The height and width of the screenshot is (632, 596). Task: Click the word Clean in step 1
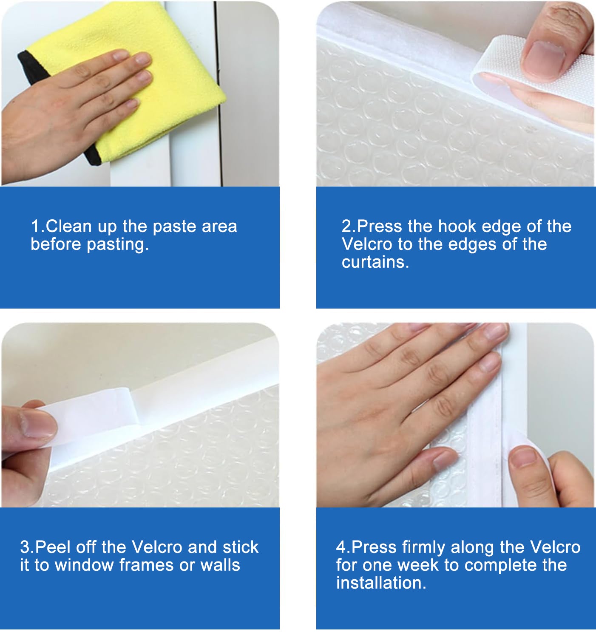68,226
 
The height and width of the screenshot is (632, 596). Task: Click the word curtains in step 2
375,262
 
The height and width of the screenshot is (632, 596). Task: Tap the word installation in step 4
381,583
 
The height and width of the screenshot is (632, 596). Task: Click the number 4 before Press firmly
341,547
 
